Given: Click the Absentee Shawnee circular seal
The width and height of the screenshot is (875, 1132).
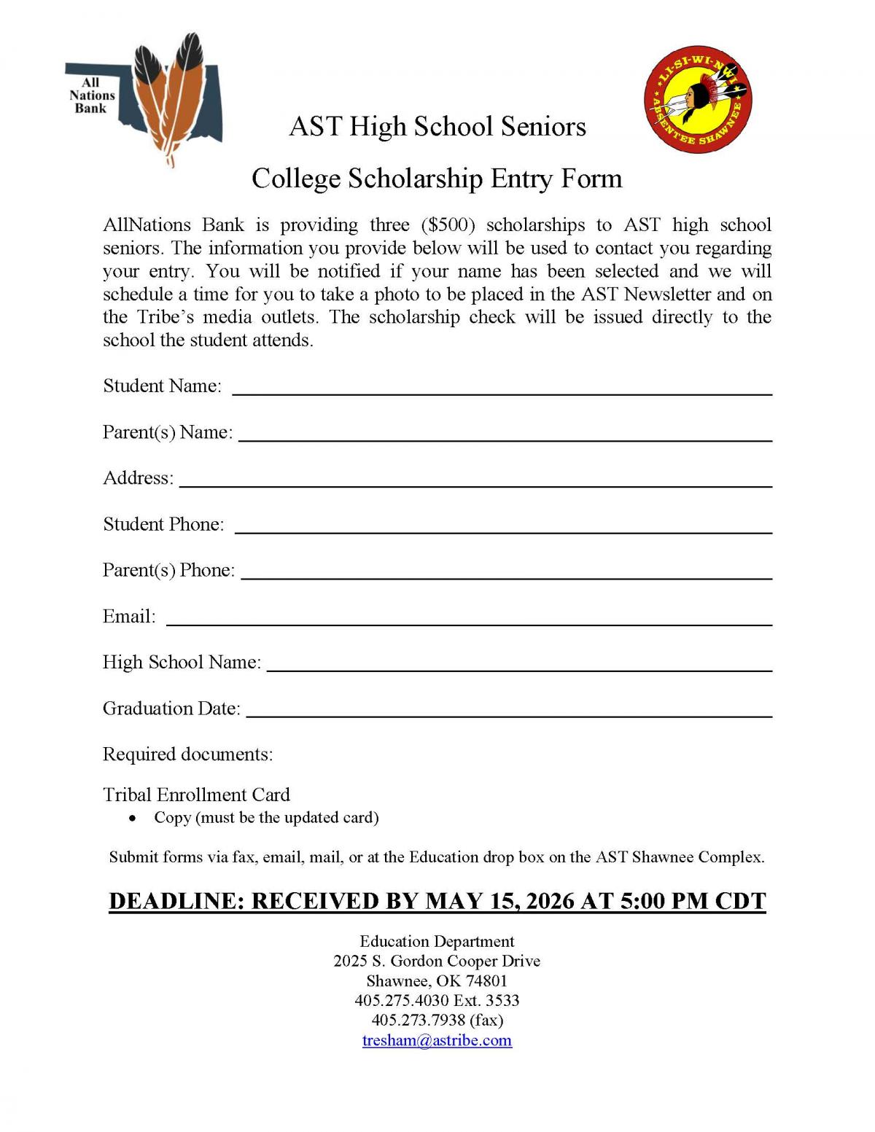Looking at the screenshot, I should pyautogui.click(x=698, y=100).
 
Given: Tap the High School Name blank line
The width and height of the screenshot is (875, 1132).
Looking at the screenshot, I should pyautogui.click(x=519, y=669).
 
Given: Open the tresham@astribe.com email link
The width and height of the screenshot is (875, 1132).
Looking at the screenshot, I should pyautogui.click(x=437, y=1040).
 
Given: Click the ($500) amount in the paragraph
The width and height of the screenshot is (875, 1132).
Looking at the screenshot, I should pyautogui.click(x=448, y=225).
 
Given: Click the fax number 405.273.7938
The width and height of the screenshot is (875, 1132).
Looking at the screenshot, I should pyautogui.click(x=418, y=1020).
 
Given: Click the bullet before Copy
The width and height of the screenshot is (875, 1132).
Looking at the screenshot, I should pyautogui.click(x=132, y=818).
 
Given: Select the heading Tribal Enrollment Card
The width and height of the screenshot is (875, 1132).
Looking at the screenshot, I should pyautogui.click(x=196, y=794).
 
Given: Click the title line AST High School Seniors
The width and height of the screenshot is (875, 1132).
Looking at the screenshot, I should pyautogui.click(x=437, y=126).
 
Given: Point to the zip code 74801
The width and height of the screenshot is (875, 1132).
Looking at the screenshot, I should pyautogui.click(x=486, y=980).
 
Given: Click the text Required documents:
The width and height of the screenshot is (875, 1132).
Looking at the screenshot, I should pyautogui.click(x=187, y=754).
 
